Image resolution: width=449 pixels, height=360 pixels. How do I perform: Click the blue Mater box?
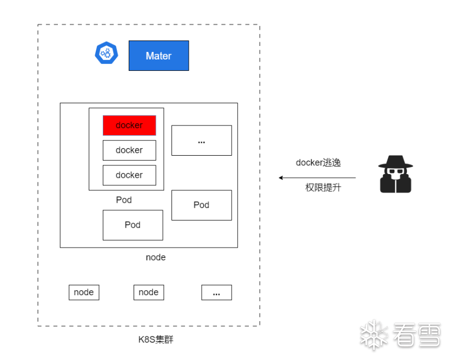[x=159, y=56]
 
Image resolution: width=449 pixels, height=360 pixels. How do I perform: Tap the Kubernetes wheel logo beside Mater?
[x=106, y=53]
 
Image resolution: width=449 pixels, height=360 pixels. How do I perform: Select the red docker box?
[x=129, y=125]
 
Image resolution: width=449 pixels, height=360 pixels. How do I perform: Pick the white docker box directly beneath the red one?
[x=129, y=150]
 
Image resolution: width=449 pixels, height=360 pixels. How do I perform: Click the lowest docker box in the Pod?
[x=129, y=175]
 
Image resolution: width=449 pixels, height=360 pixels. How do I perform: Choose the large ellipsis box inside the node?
[x=201, y=141]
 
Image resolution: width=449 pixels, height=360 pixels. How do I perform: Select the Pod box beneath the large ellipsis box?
[x=201, y=205]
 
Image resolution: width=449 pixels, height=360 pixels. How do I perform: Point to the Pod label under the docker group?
[x=124, y=200]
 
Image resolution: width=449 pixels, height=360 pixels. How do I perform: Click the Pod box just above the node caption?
[x=133, y=225]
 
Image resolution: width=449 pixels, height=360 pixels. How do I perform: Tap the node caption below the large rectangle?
[x=156, y=257]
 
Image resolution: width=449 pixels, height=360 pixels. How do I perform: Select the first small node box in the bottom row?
[x=84, y=292]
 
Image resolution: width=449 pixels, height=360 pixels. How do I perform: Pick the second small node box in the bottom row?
[x=149, y=292]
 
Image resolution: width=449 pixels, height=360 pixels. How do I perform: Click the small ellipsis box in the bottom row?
[x=216, y=292]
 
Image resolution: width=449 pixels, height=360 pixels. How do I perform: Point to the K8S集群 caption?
[x=156, y=340]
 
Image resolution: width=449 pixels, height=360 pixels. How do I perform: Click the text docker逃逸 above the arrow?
[x=318, y=163]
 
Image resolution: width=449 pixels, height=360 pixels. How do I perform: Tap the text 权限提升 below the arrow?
[x=323, y=188]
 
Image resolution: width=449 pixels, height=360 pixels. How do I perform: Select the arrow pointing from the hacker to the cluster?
[x=317, y=177]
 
